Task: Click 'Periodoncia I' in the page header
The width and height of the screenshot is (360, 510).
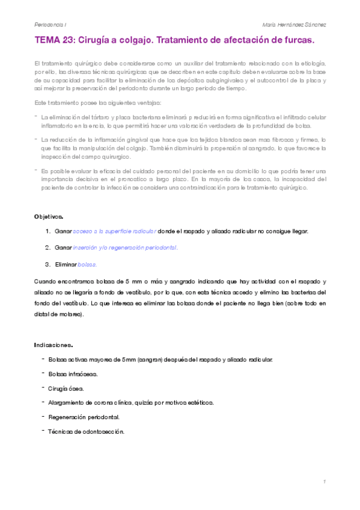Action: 50,24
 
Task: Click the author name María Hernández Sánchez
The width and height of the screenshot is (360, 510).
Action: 294,24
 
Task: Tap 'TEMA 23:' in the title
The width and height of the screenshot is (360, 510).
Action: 55,40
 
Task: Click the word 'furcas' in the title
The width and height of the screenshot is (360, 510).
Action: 297,40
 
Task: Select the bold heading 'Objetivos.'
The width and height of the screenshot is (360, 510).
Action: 49,215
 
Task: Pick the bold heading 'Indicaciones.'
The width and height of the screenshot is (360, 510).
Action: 53,345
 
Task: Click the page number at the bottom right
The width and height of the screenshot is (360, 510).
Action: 324,482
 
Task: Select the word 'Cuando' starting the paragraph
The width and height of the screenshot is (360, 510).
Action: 44,281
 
